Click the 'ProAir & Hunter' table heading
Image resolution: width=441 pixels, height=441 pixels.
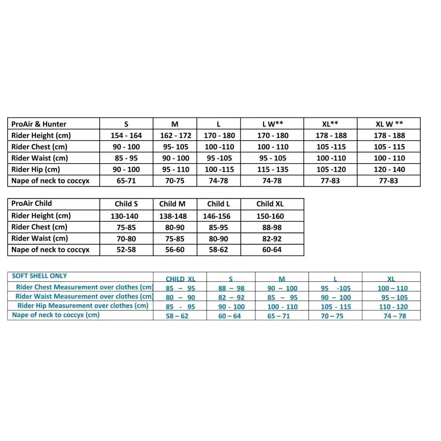pos(39,124)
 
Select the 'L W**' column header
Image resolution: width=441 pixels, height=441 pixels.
pos(273,124)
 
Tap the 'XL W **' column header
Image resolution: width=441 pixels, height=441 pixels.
pos(389,124)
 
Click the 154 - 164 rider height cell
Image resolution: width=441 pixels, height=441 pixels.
pos(126,135)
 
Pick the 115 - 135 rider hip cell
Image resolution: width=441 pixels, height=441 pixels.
pos(273,169)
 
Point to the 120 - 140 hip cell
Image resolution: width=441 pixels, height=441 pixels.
pos(389,169)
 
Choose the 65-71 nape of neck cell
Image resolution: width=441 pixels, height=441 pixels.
pos(126,181)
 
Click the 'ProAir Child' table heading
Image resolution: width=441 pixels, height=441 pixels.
pos(32,203)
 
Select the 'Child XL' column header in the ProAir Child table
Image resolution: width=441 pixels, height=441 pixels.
pos(270,204)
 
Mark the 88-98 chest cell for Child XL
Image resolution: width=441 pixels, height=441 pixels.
pos(270,228)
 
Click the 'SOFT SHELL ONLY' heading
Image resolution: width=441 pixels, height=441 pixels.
pos(40,276)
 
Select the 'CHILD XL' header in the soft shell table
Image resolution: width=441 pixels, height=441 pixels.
pos(180,279)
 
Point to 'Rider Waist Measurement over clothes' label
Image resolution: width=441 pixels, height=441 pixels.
pos(84,296)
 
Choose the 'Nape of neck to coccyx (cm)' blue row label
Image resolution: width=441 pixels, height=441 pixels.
pos(56,315)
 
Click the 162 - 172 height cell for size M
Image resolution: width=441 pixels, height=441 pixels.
pos(175,135)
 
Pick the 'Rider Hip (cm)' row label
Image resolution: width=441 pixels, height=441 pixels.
pos(36,169)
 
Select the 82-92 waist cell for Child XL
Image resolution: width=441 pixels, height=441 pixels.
pos(270,239)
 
